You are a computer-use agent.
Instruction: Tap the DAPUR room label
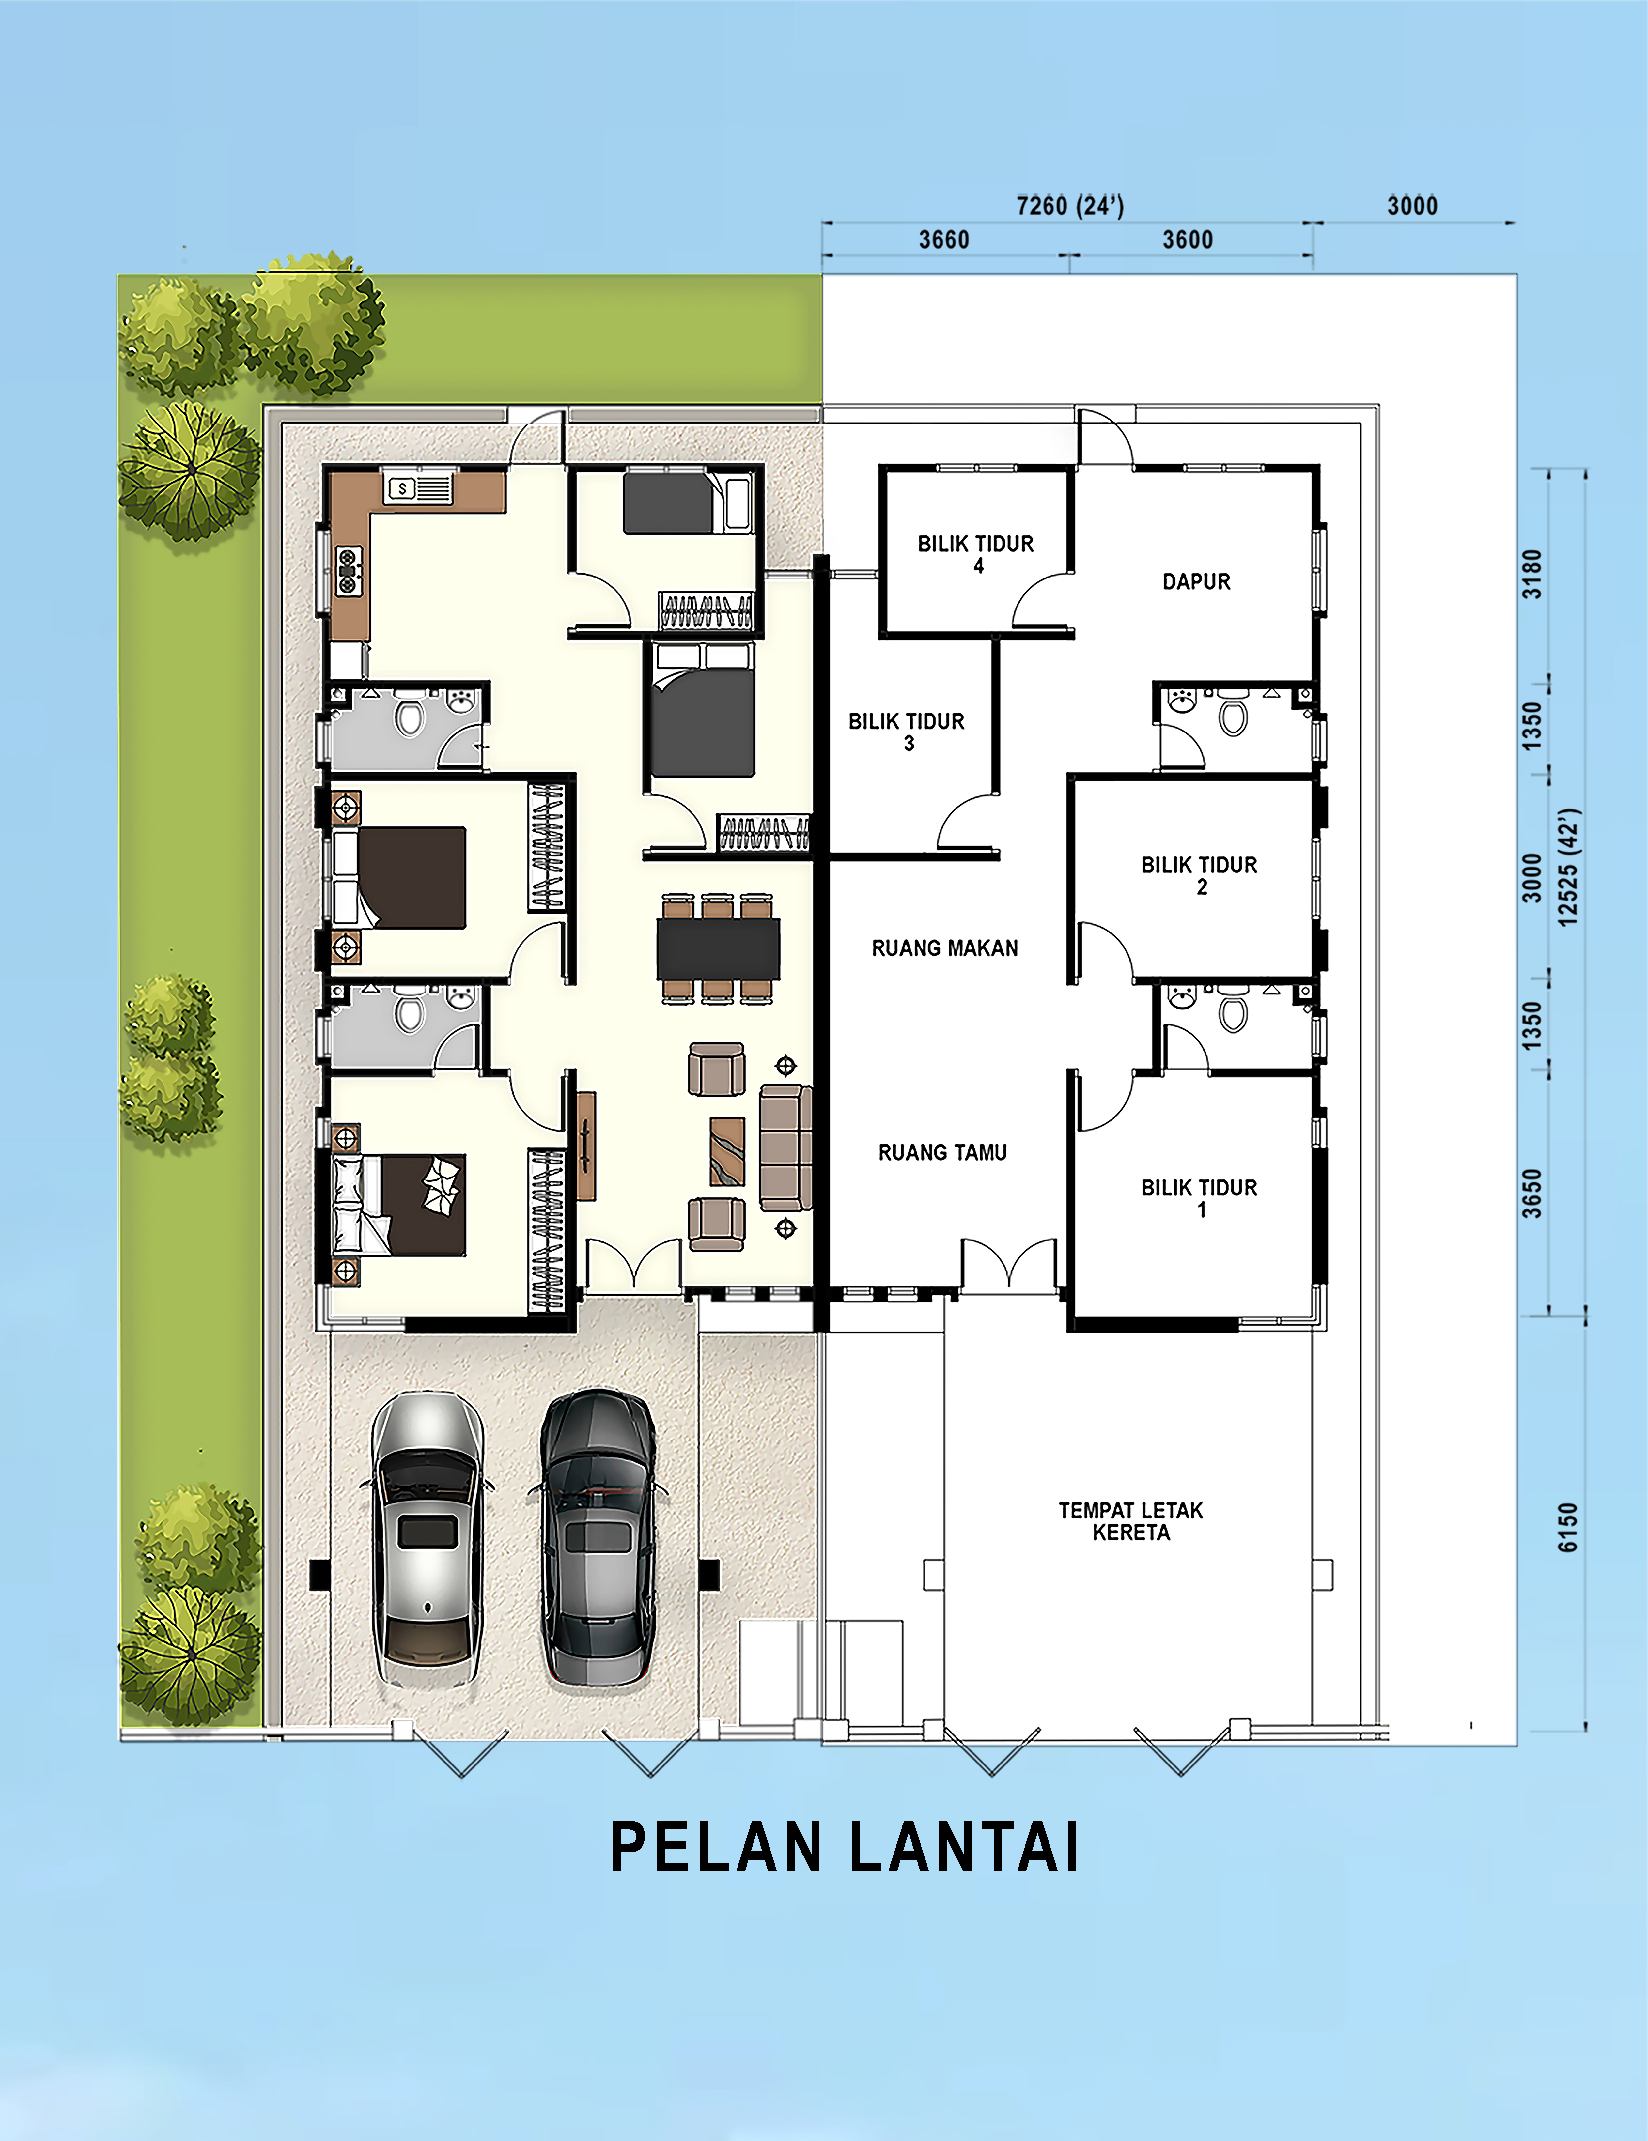(1196, 581)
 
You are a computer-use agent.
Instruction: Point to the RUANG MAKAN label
(945, 948)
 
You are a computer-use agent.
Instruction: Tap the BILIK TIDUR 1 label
(1199, 1198)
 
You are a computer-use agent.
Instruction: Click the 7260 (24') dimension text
(1070, 206)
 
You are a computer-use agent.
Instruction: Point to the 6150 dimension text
(1569, 1527)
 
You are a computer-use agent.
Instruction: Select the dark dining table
(719, 948)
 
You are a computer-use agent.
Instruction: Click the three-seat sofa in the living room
(786, 1147)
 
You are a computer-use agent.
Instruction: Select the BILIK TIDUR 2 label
(1199, 875)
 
